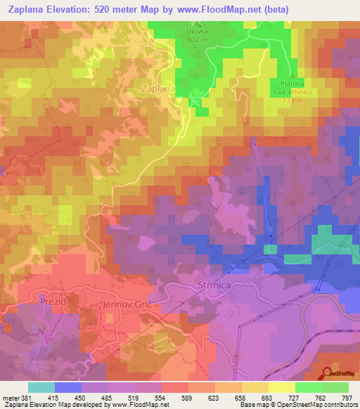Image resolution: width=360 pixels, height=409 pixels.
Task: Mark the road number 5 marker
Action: pos(255,145)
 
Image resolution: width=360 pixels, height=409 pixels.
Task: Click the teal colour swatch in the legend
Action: pos(41,388)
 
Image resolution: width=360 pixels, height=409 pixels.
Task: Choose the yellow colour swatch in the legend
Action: pos(281,388)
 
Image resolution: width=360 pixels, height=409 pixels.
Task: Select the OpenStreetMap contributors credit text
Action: pos(316,404)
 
